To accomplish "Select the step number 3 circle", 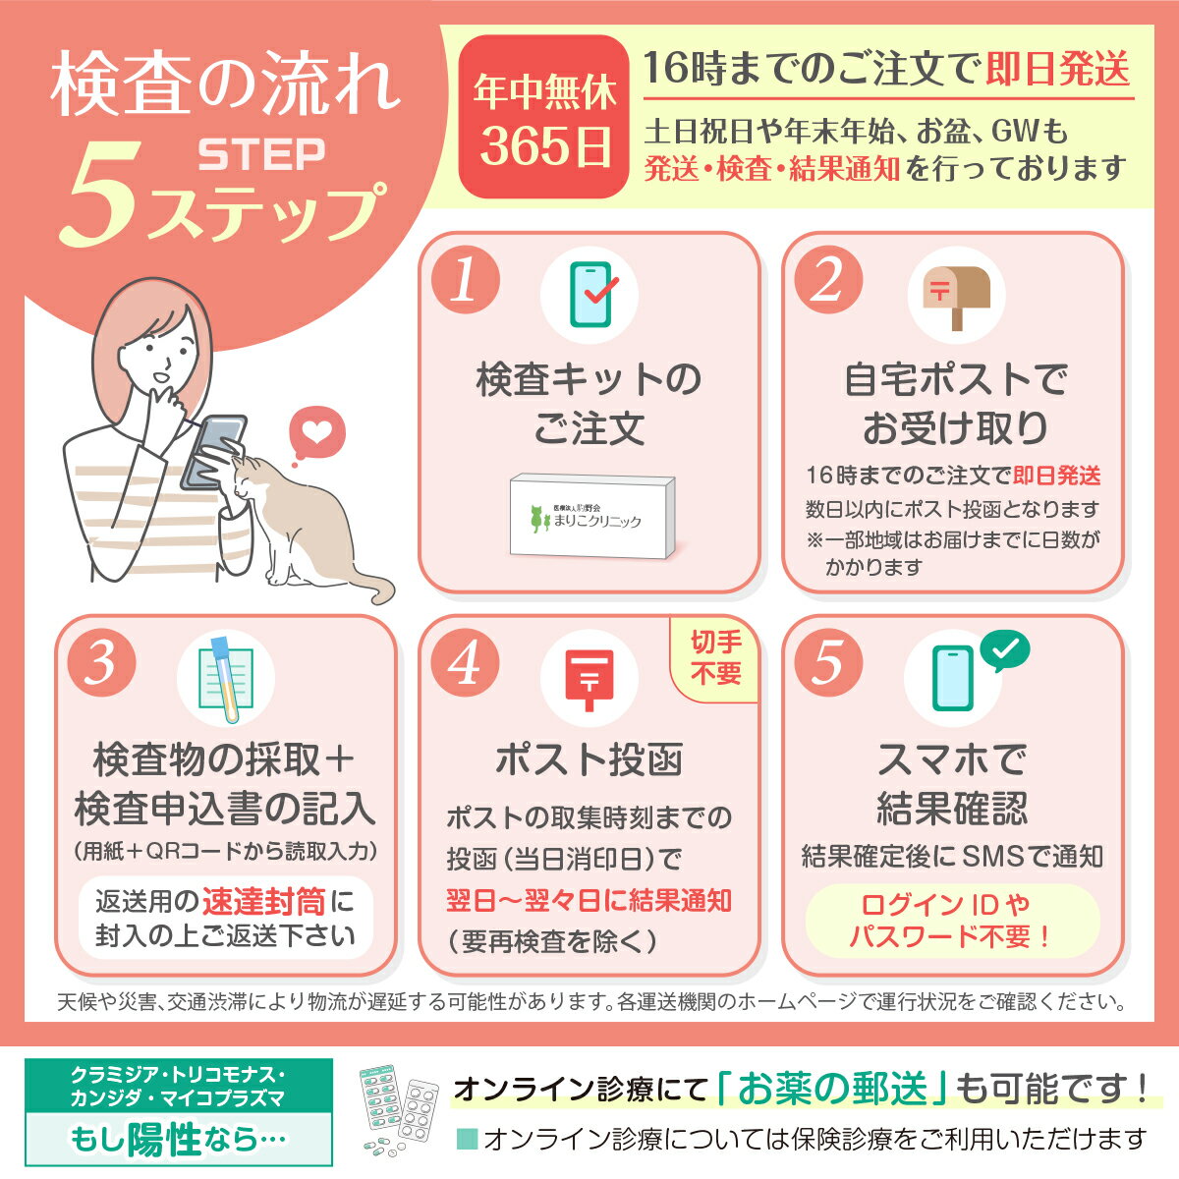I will click(x=102, y=663).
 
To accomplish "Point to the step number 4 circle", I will click(x=465, y=663).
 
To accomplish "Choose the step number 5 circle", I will click(x=827, y=663).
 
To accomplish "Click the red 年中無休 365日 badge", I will click(x=543, y=118).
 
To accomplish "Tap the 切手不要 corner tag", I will click(x=716, y=658).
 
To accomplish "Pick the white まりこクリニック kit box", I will click(x=592, y=518).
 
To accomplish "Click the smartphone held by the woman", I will click(x=215, y=450).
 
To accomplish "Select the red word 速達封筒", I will click(x=263, y=901).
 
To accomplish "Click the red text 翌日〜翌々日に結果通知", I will click(x=589, y=900).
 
